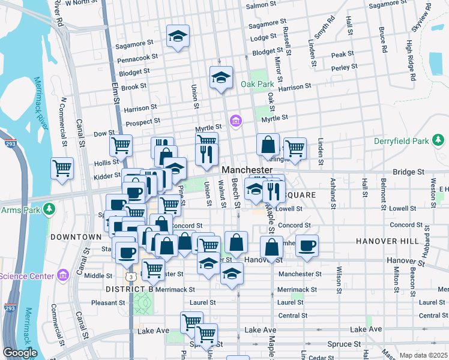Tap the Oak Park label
(257, 84)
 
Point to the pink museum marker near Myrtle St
(236, 122)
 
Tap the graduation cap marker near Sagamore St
(178, 37)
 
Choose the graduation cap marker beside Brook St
(221, 77)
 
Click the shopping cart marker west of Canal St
(62, 168)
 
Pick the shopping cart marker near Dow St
(121, 145)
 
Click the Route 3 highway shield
(130, 276)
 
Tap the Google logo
(20, 353)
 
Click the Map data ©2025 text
(423, 355)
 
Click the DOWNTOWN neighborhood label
(76, 237)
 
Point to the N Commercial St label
(62, 122)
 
